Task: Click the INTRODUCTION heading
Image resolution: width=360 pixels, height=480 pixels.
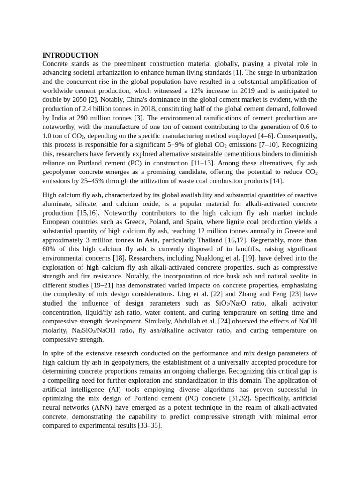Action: [70, 55]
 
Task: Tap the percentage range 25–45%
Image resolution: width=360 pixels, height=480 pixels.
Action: [98, 181]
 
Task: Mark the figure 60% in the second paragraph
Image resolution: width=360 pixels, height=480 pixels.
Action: [50, 249]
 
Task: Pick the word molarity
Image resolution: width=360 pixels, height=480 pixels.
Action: [56, 330]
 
